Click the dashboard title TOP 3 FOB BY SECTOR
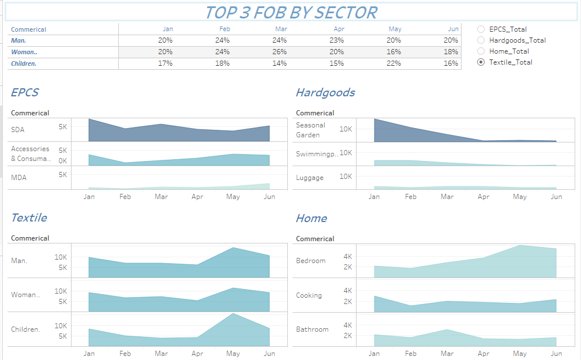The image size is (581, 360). tap(291, 12)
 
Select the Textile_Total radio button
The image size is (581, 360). tap(481, 62)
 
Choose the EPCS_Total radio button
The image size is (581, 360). tap(481, 29)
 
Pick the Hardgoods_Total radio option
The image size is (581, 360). tap(481, 40)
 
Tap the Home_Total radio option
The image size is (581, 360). tap(481, 51)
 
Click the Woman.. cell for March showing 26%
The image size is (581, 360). tap(279, 52)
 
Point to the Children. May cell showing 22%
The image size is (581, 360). tap(395, 63)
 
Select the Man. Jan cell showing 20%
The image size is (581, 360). tap(165, 40)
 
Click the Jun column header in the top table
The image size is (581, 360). tap(453, 29)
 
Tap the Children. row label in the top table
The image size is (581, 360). tap(24, 63)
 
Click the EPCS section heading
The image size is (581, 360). tap(25, 92)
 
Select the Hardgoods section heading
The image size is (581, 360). tap(325, 92)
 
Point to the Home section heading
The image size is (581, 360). tap(311, 218)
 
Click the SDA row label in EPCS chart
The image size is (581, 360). tap(17, 130)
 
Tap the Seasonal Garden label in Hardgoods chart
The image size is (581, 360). tap(310, 130)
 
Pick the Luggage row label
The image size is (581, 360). tap(309, 178)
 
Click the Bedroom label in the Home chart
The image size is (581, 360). tap(310, 261)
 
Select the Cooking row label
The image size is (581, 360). tap(309, 295)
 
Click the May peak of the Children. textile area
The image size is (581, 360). tap(233, 314)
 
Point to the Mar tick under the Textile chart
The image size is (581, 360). tap(161, 353)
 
